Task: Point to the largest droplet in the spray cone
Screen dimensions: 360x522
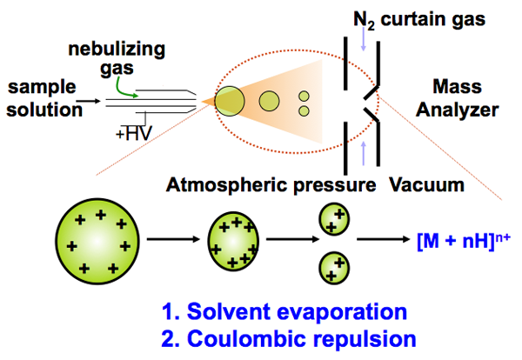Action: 230,100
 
